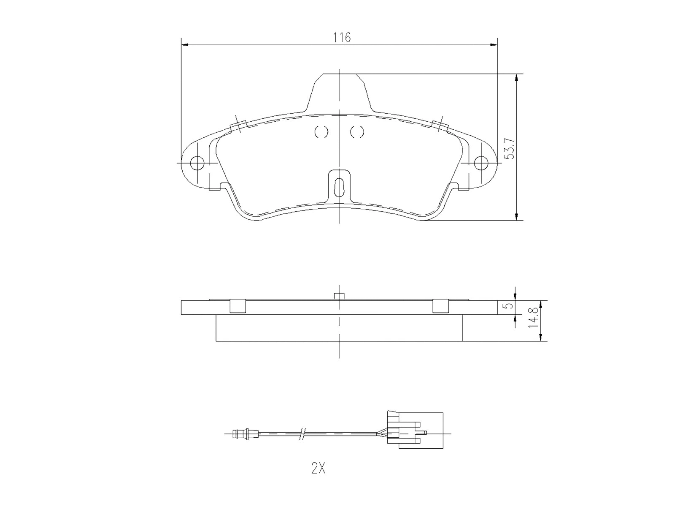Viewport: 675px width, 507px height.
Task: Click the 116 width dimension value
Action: [342, 38]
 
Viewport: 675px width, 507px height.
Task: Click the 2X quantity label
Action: [318, 469]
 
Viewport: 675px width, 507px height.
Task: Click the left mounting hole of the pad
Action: [197, 163]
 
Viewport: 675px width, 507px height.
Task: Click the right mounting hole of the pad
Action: [481, 163]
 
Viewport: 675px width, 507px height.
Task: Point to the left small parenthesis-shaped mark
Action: [321, 132]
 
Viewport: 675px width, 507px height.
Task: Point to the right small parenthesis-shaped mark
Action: [357, 132]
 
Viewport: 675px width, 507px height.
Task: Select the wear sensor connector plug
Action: [416, 431]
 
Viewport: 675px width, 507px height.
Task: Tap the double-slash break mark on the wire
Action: [302, 433]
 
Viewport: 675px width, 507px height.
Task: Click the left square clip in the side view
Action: [238, 306]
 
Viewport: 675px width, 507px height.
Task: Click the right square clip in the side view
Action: [440, 306]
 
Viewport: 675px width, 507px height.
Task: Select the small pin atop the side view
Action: [339, 296]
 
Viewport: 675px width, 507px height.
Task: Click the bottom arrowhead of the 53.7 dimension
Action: [516, 217]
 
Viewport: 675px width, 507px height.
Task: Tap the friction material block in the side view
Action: [339, 328]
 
